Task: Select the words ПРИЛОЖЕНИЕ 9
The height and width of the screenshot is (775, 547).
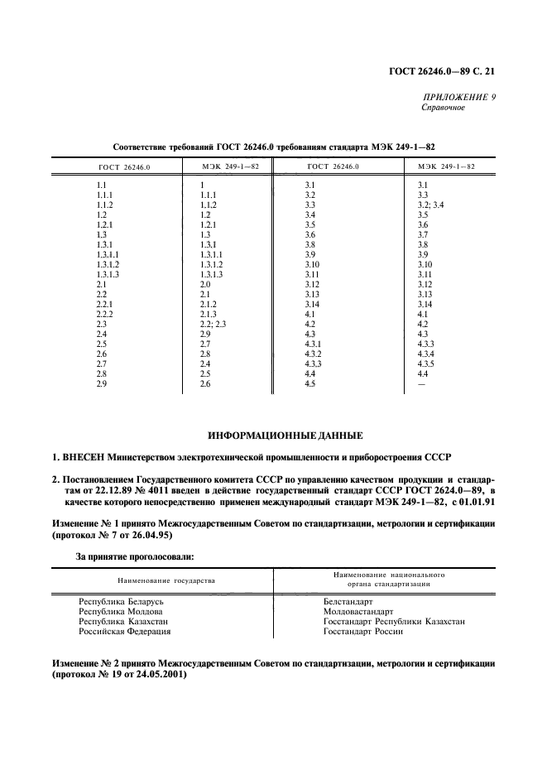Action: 458,97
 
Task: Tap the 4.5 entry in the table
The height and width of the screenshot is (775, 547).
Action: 311,383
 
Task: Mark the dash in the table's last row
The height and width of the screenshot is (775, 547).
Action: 421,383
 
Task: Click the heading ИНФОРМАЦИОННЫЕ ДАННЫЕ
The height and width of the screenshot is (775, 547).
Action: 273,435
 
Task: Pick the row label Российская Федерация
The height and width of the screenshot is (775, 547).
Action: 124,631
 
